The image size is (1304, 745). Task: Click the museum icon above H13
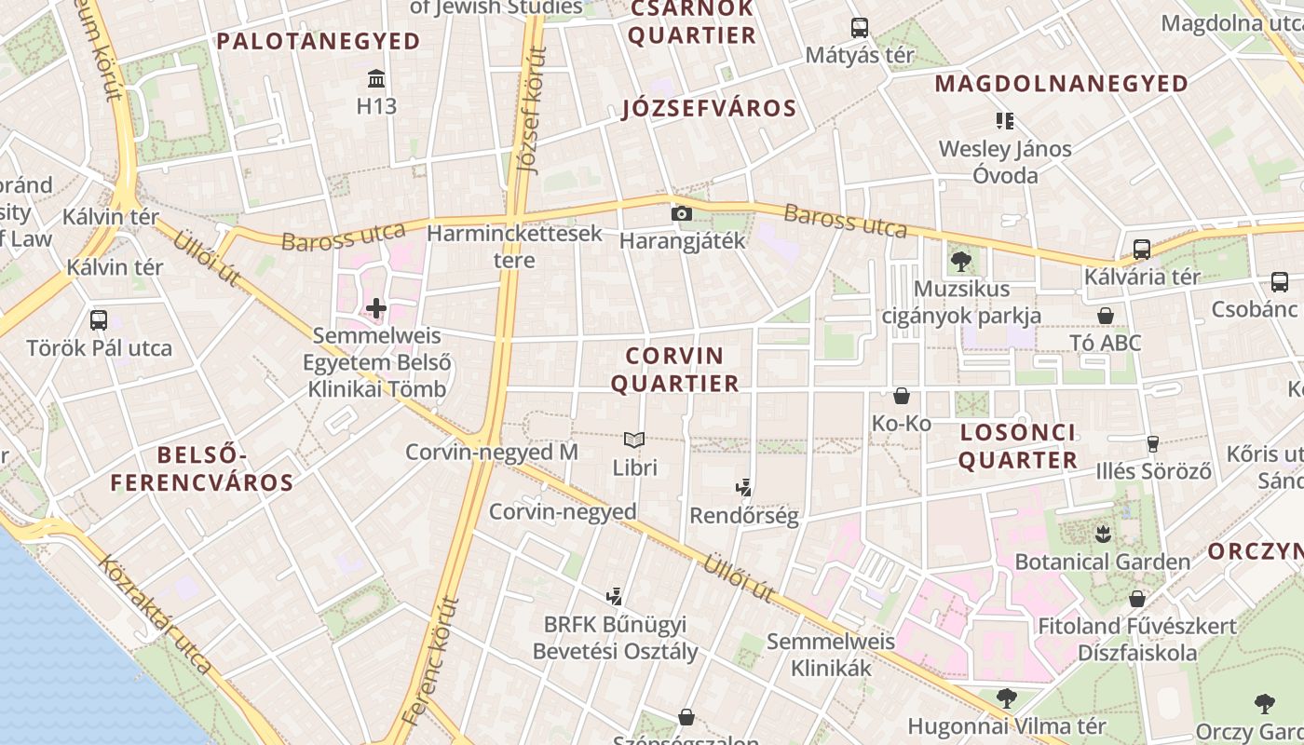pos(376,77)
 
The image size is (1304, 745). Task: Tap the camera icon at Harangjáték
pos(682,213)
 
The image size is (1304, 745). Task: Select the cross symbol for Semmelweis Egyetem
pos(376,307)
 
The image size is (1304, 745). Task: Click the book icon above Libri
pos(634,439)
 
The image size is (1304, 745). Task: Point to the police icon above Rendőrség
pos(743,486)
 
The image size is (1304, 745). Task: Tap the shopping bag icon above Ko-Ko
pos(902,396)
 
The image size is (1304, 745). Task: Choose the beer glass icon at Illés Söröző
pos(1153,443)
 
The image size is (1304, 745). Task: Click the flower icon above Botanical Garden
pos(1103,535)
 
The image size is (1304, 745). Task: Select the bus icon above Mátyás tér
pos(859,28)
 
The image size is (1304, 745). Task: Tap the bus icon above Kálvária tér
pos(1142,249)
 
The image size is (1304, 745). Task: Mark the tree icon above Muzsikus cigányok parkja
pos(961,262)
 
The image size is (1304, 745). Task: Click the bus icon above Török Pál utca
pos(99,320)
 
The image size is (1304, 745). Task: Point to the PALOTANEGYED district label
pos(319,41)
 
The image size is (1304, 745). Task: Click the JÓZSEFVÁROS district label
pos(710,109)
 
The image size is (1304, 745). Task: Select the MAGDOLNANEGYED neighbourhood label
pos(1062,84)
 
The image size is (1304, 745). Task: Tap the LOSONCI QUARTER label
pos(1017,446)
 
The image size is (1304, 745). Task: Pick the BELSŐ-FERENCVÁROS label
pos(202,468)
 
